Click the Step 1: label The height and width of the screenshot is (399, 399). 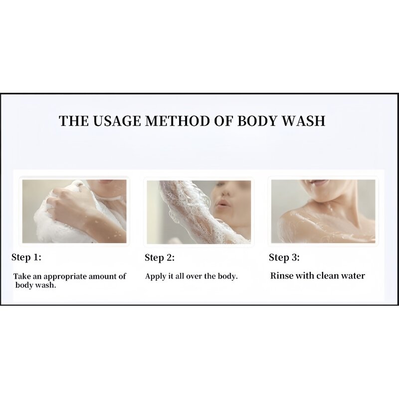click(26, 257)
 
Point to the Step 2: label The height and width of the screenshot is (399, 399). click(160, 258)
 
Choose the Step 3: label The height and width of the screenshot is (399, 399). click(284, 258)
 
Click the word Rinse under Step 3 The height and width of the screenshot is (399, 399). click(281, 275)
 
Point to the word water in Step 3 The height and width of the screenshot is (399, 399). click(352, 275)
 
